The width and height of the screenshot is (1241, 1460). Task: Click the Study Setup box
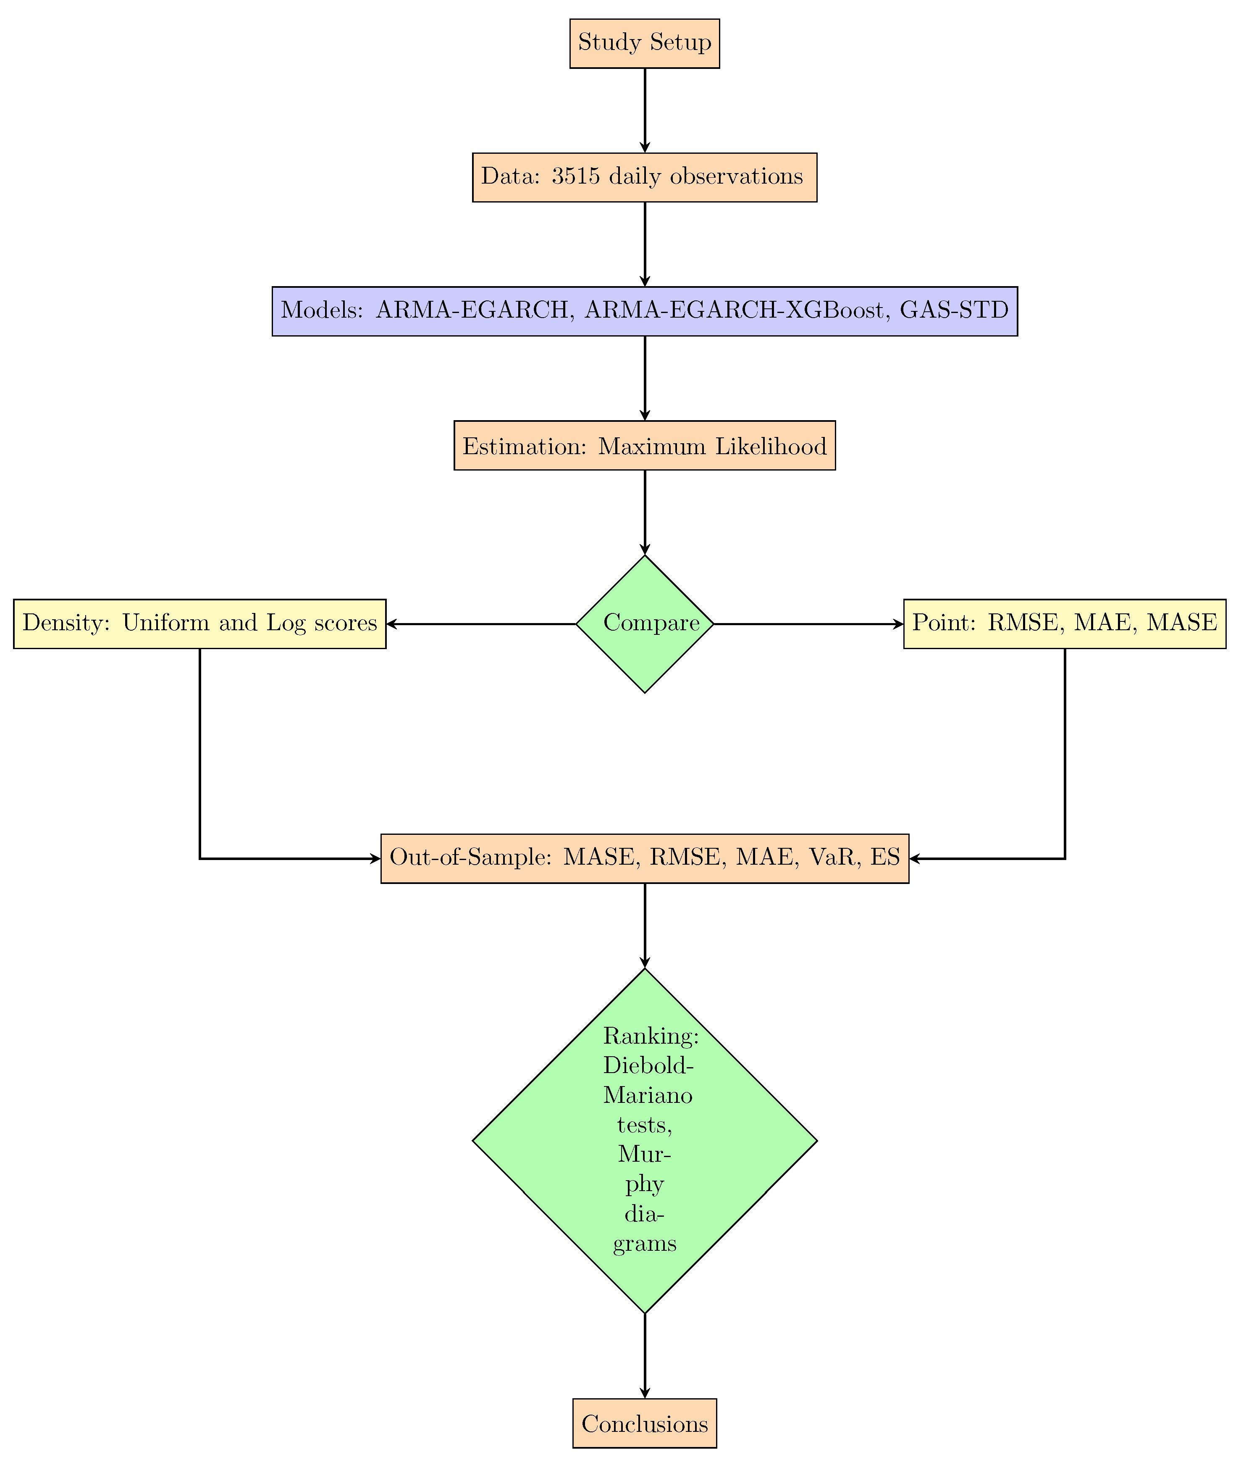[x=644, y=43]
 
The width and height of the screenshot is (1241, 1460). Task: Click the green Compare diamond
[x=644, y=623]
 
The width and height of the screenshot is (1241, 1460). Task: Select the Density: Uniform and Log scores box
[x=200, y=623]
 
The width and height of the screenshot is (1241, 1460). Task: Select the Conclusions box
[x=644, y=1424]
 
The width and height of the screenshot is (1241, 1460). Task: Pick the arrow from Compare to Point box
[x=809, y=623]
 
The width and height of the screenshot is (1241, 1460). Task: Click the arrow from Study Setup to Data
[x=644, y=110]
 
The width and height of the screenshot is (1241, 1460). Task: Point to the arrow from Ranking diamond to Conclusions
[x=644, y=1355]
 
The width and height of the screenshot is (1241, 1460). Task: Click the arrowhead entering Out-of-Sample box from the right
[x=915, y=858]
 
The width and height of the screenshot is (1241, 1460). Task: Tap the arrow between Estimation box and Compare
[x=644, y=512]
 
